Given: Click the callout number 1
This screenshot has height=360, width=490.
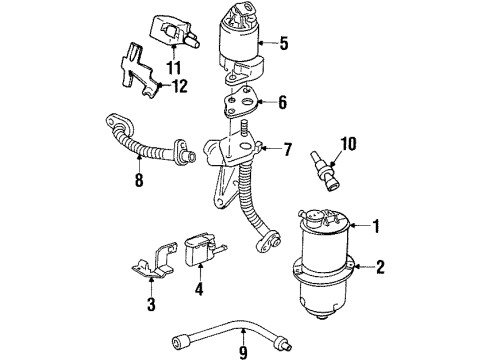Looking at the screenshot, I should [378, 226].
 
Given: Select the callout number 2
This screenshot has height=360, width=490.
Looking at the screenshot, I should [381, 267].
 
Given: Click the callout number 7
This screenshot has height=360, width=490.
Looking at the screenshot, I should [288, 150].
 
